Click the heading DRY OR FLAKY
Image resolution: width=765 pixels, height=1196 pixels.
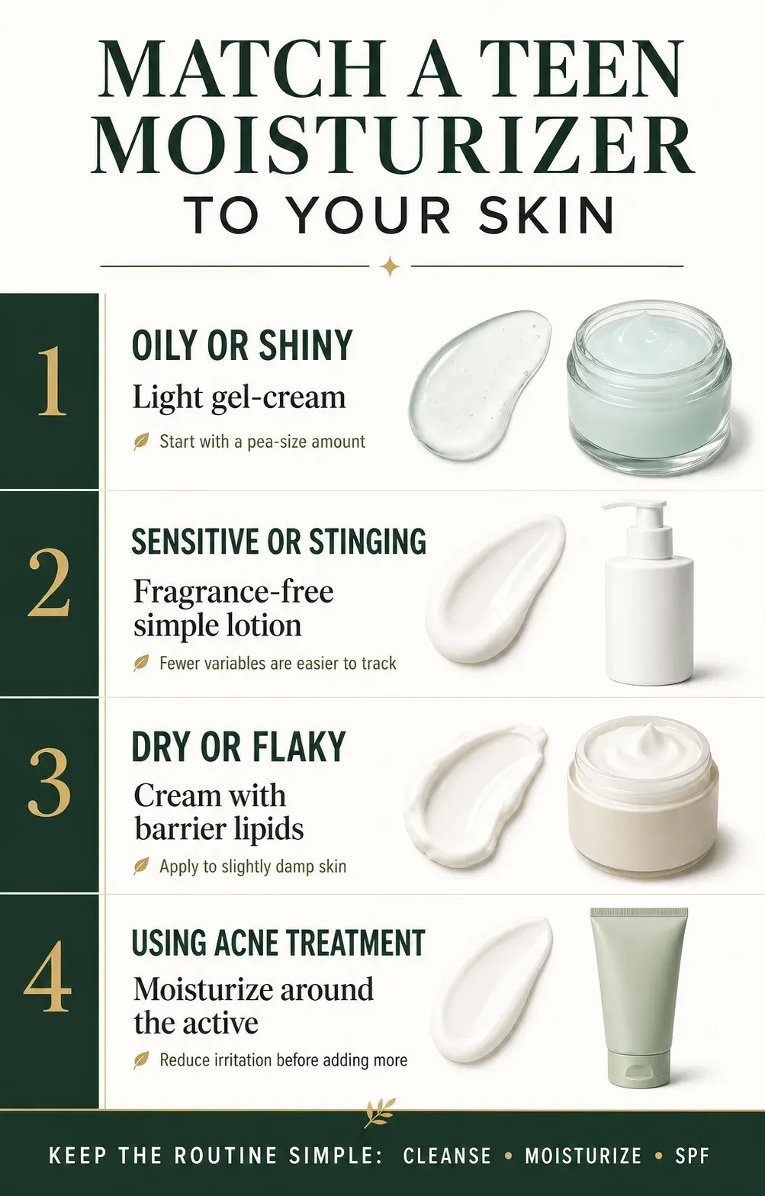point(239,747)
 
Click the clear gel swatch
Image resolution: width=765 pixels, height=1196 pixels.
point(480,384)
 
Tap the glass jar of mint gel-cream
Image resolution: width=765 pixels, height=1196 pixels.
point(649,387)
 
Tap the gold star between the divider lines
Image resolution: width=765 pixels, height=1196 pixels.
point(391,266)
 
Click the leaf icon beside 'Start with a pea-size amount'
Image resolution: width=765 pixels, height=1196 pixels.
point(141,442)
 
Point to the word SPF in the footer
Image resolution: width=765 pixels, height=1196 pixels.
point(692,1156)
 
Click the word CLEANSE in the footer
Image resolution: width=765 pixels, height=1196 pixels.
point(447,1156)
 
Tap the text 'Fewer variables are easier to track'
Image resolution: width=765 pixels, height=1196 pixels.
point(278,663)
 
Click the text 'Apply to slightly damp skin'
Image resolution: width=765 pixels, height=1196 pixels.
point(252,866)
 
